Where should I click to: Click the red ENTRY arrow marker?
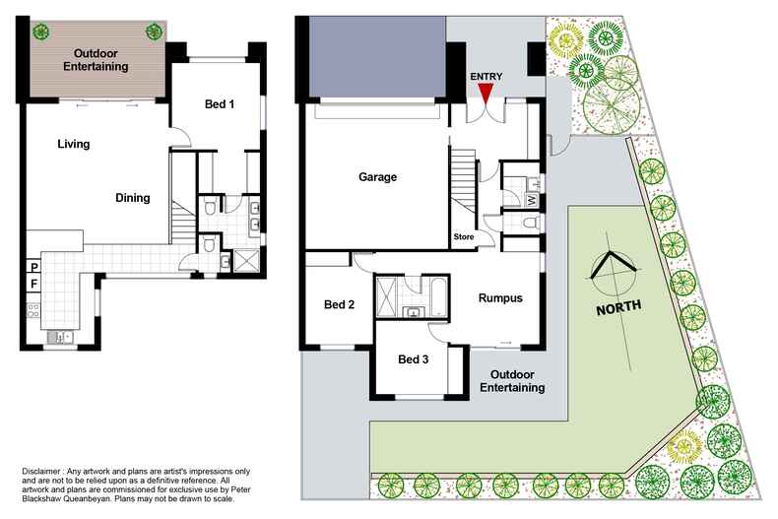pyautogui.click(x=486, y=92)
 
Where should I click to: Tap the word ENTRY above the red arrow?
pyautogui.click(x=486, y=76)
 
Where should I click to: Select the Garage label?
pyautogui.click(x=377, y=178)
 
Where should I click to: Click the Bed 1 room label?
pyautogui.click(x=219, y=104)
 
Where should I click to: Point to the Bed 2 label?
pyautogui.click(x=339, y=305)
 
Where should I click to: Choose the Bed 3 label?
pyautogui.click(x=413, y=359)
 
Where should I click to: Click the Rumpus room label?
pyautogui.click(x=500, y=298)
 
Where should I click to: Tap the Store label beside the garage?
pyautogui.click(x=464, y=237)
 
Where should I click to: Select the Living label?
pyautogui.click(x=73, y=144)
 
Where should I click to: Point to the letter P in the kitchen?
pyautogui.click(x=33, y=267)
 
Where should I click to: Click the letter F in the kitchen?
pyautogui.click(x=33, y=285)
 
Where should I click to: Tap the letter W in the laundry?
pyautogui.click(x=532, y=200)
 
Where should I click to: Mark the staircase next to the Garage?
pyautogui.click(x=464, y=187)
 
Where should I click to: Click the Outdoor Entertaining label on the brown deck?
pyautogui.click(x=97, y=60)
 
